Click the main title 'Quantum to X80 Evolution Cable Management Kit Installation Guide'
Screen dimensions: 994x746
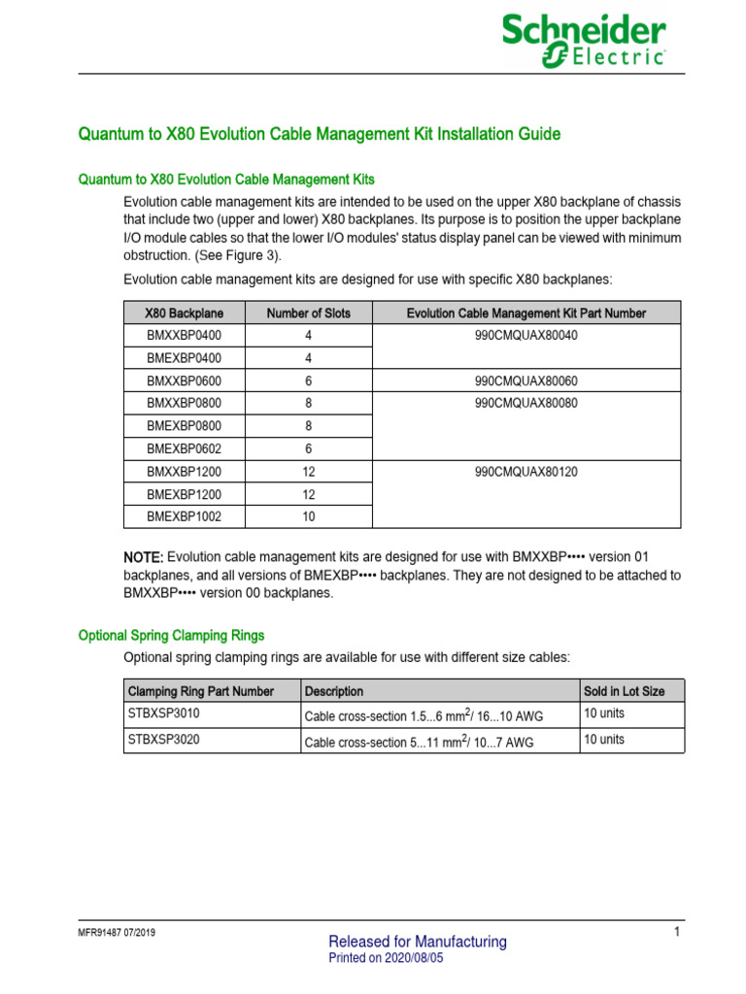(319, 134)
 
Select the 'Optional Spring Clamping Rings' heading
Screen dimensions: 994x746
(171, 636)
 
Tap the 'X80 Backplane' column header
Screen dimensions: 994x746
(184, 314)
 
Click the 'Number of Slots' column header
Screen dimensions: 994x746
(308, 314)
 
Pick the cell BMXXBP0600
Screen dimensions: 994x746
(184, 381)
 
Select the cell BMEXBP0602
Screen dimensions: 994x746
(184, 448)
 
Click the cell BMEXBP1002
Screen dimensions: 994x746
(184, 516)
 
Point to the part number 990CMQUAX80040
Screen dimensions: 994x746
(526, 336)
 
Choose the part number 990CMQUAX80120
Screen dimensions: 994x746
(526, 472)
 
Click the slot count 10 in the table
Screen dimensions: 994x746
(308, 516)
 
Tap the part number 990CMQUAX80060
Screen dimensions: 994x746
(526, 381)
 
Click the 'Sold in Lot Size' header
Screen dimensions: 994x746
(624, 691)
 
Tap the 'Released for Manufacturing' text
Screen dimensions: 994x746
(418, 942)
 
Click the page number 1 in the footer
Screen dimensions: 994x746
(676, 933)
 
